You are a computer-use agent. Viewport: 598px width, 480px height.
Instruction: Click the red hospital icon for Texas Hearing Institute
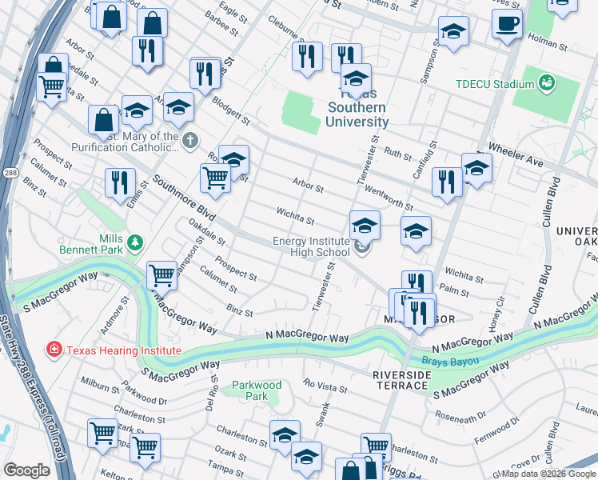(x=54, y=350)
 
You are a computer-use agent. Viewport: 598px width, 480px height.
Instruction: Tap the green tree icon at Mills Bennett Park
(x=136, y=241)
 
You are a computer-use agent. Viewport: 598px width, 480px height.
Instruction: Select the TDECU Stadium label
(x=494, y=84)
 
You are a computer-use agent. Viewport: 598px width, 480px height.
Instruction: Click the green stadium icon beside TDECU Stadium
(x=548, y=82)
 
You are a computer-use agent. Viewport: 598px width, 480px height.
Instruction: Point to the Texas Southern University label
(x=357, y=114)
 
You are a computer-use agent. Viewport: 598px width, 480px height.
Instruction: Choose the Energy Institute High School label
(x=312, y=246)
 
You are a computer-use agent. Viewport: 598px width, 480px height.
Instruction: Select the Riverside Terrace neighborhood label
(x=401, y=380)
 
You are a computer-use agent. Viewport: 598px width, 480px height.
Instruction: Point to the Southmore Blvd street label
(x=185, y=199)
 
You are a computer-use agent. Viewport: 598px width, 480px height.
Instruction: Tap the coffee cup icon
(x=507, y=24)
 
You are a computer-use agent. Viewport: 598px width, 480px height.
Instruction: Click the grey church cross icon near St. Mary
(x=189, y=142)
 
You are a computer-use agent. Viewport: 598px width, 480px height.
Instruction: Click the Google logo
(x=26, y=470)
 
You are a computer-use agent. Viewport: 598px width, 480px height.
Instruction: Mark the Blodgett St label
(x=230, y=112)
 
